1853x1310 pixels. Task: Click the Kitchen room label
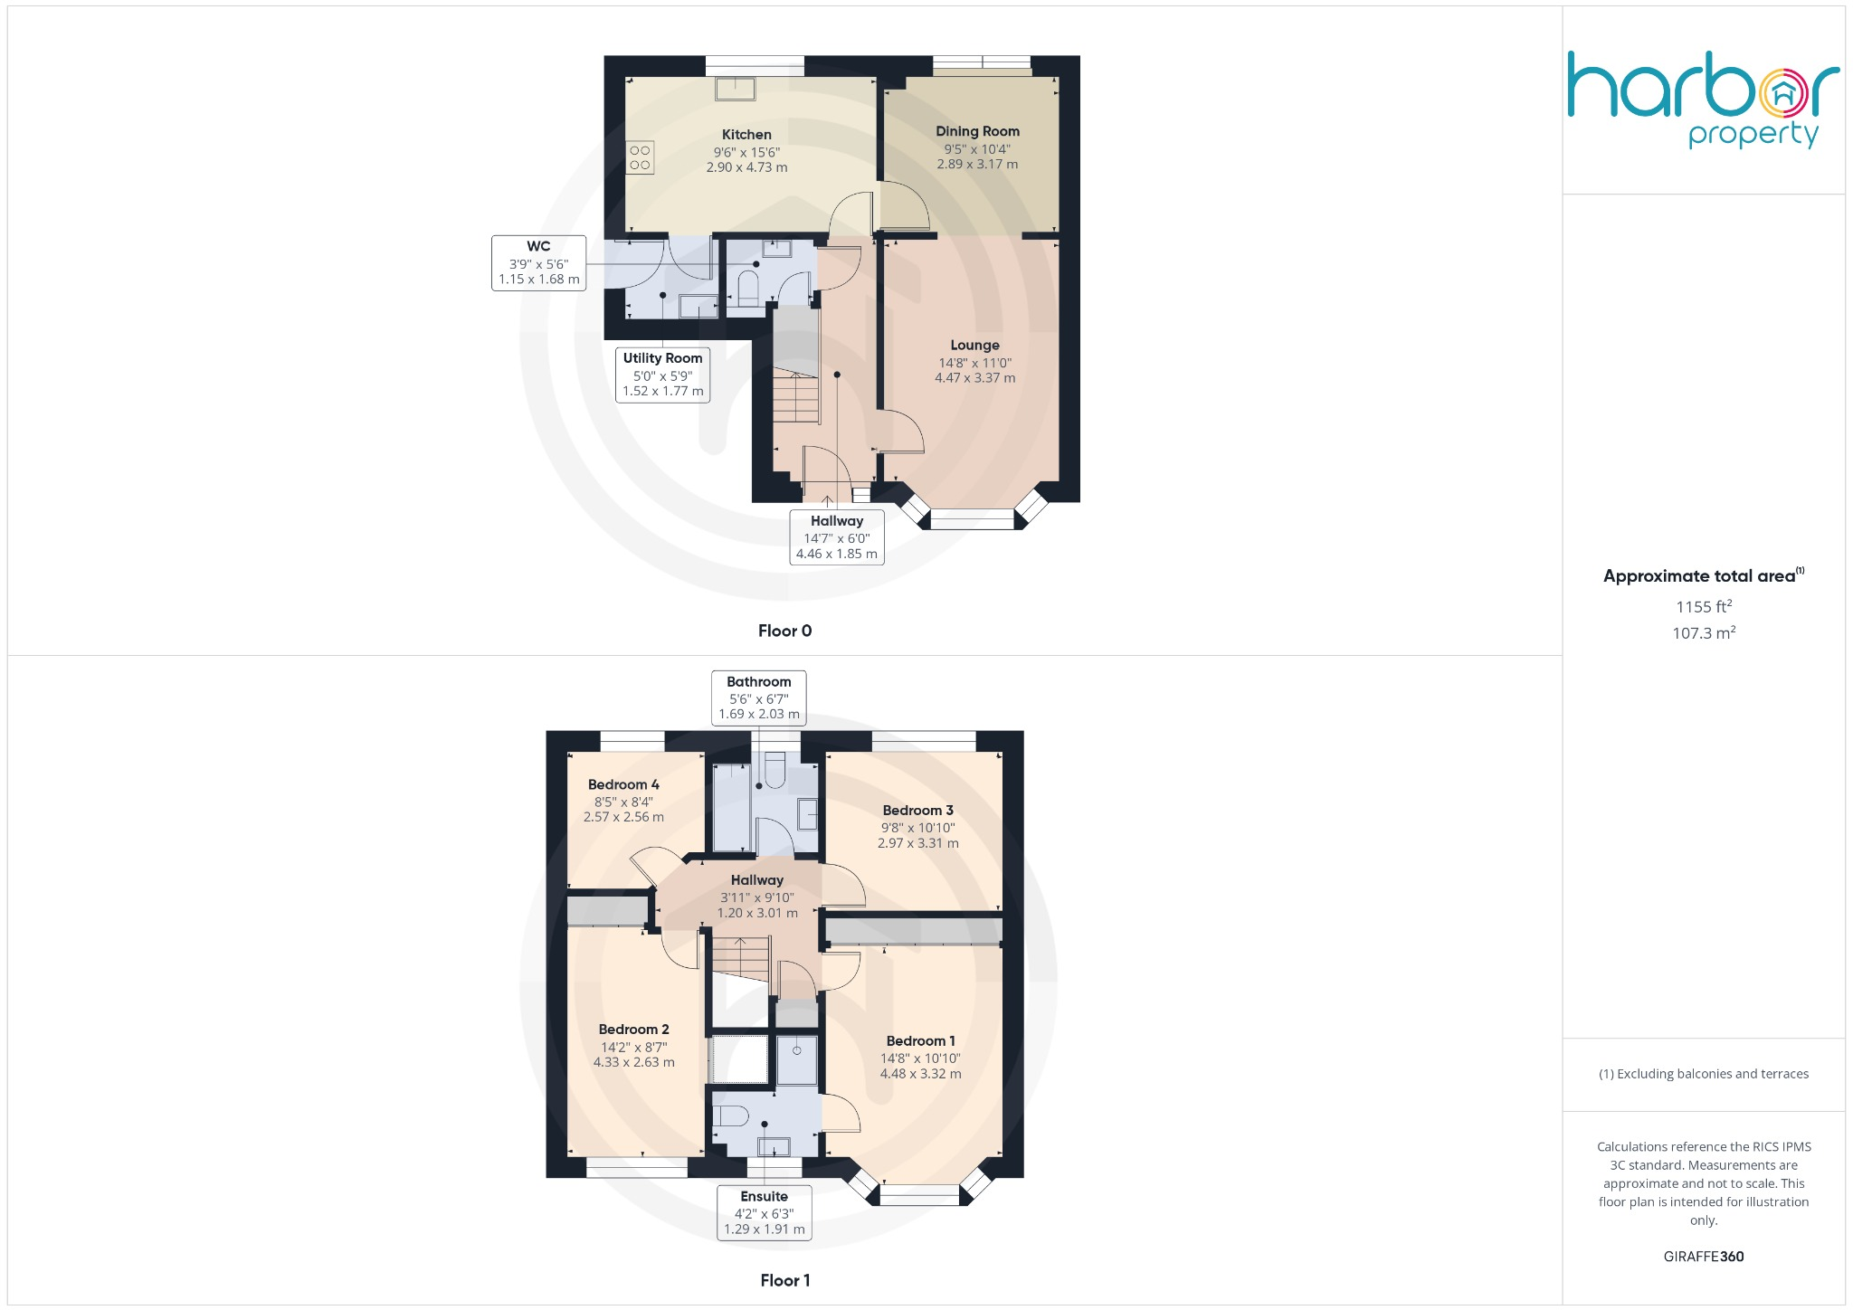(x=746, y=135)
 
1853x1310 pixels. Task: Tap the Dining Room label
(x=977, y=131)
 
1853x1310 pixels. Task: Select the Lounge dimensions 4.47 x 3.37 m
(x=974, y=378)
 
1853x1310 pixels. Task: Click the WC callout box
(x=538, y=263)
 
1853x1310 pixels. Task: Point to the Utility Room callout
(x=662, y=375)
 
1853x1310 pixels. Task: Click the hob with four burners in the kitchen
(x=640, y=157)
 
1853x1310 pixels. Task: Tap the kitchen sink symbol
(x=735, y=89)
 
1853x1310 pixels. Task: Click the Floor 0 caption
(x=784, y=631)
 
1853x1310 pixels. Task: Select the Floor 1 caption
(x=784, y=1280)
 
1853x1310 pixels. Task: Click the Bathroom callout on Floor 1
(x=758, y=698)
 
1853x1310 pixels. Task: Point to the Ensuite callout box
(x=764, y=1212)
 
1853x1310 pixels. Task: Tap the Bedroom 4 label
(x=623, y=784)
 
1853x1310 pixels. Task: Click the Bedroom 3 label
(x=917, y=811)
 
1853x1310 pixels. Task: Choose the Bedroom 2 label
(x=633, y=1030)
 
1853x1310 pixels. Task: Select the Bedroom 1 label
(x=920, y=1041)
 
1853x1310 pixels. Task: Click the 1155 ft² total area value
(x=1703, y=607)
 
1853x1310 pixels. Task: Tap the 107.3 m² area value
(x=1703, y=633)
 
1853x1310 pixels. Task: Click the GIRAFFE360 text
(x=1703, y=1257)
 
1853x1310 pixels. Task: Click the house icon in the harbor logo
(x=1783, y=93)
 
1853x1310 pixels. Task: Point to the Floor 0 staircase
(x=795, y=398)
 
